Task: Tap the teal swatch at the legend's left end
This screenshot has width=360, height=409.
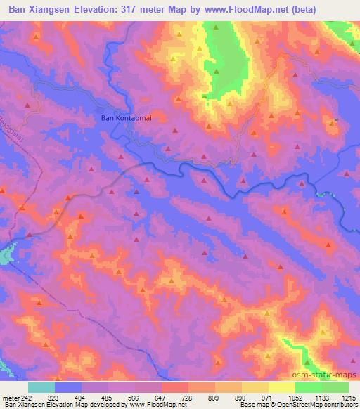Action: tap(41, 387)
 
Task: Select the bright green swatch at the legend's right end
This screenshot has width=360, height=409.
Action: tap(335, 387)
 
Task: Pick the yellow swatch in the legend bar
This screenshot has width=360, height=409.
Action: tap(281, 387)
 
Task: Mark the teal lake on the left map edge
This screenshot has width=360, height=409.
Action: tap(6, 253)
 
